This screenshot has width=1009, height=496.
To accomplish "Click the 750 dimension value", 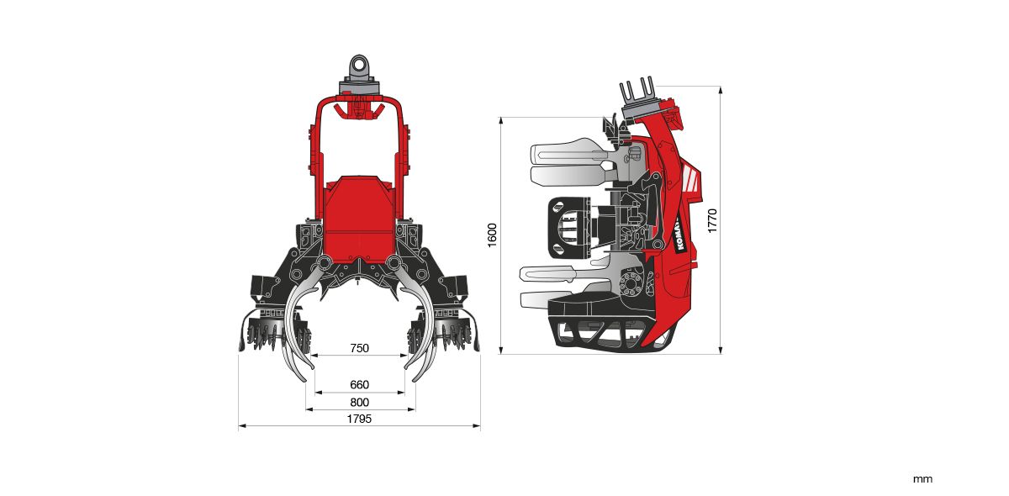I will coord(359,348).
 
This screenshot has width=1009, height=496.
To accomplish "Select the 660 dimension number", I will coord(359,385).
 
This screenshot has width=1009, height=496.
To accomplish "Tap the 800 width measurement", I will coord(359,402).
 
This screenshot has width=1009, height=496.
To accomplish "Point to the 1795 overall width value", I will coord(359,419).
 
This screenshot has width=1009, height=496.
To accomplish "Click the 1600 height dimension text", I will coord(493,236).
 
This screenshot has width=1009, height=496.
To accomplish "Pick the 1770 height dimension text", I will coord(712,220).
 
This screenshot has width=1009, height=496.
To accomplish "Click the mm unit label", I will coord(922,479).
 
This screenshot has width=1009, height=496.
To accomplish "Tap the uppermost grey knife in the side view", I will coord(568,152).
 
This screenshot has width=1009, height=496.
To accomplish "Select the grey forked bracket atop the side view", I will coord(639,94).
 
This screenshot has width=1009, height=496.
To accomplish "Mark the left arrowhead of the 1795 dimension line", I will coord(241,427).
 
